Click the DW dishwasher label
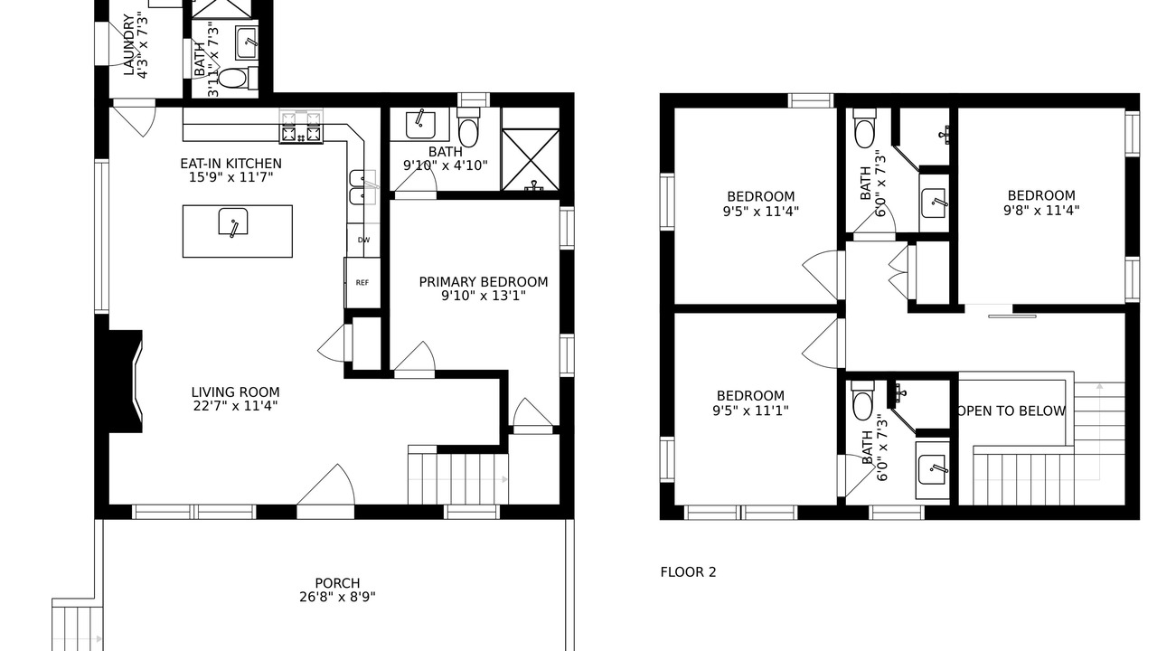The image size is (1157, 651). coord(364,240)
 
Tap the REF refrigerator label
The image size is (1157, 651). coord(362,283)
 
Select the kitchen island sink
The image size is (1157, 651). coord(233,222)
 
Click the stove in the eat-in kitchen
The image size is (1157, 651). coord(301,127)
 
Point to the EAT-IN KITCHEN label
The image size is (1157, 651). coord(230,164)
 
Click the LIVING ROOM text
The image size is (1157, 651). coord(235,392)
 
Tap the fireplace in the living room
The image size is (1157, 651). coord(126,382)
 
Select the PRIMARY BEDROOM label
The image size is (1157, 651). coord(483,282)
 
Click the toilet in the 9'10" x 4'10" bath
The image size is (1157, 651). coord(468,127)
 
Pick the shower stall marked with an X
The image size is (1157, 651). coord(531,160)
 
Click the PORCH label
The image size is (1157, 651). coord(337,583)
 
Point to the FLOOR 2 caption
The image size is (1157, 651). coord(688,572)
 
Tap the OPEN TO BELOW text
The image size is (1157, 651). coord(1011,411)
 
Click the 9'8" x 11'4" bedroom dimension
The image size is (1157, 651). coord(1041,211)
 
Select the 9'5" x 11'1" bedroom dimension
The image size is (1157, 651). coord(750,410)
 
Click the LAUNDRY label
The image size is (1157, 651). coord(128,45)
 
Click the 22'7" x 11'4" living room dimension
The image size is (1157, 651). coord(235,406)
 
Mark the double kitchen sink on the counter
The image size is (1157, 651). coord(362,187)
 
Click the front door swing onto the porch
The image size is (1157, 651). coord(326,485)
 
